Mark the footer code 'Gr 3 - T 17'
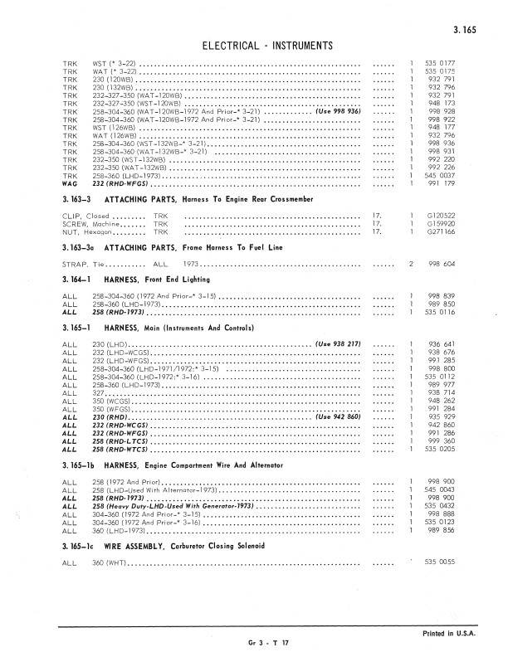pyautogui.click(x=266, y=644)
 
